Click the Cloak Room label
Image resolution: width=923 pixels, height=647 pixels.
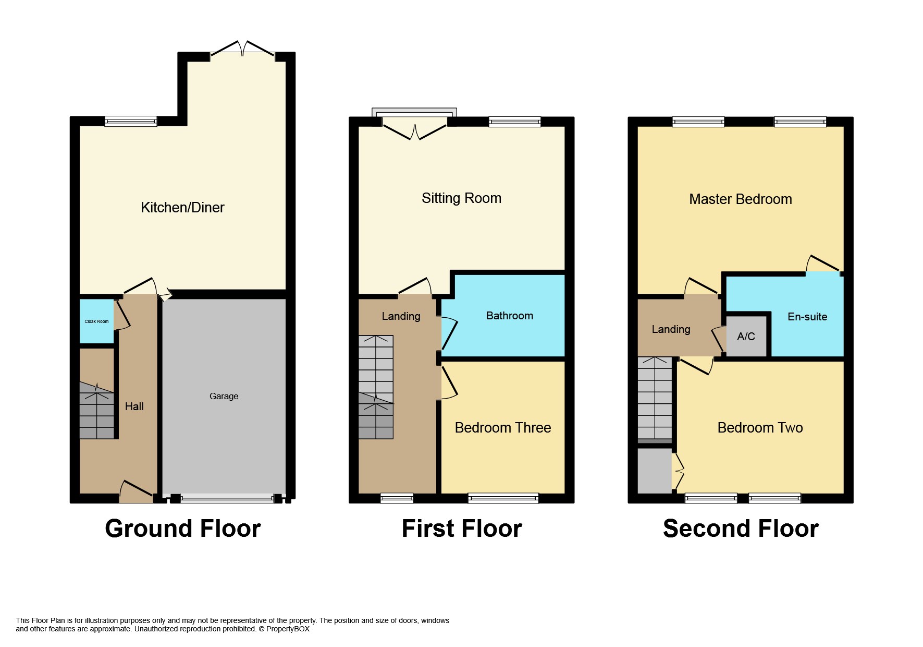96,321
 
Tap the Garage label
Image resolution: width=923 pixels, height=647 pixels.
224,396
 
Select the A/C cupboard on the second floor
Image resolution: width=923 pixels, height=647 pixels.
746,337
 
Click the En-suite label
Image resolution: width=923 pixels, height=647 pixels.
807,316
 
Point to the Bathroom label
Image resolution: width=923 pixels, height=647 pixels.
510,316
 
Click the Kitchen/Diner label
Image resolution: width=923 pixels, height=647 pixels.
182,208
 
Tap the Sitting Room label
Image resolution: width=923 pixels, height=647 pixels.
461,198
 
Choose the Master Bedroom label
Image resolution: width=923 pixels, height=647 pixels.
741,199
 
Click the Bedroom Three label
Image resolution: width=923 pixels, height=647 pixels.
503,428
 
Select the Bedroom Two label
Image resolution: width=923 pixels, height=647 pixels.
760,428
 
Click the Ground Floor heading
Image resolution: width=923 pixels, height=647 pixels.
183,529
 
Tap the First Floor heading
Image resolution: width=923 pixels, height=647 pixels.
462,529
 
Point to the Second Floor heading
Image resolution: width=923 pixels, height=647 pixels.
741,529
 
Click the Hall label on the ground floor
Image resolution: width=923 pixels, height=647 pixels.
134,406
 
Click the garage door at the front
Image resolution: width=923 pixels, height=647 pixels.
227,498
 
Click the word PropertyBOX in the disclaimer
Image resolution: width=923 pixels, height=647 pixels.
288,629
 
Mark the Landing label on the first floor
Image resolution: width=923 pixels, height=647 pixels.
401,316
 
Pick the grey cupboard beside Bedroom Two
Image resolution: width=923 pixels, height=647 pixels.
655,471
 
